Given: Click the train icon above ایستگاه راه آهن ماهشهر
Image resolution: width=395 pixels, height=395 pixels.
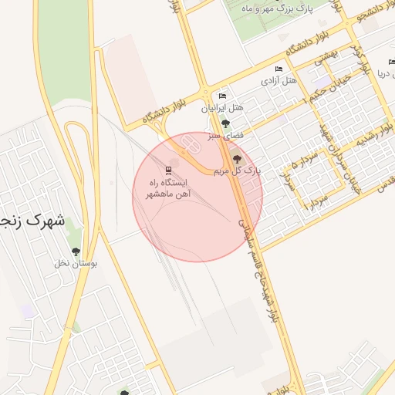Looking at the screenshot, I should (170, 169).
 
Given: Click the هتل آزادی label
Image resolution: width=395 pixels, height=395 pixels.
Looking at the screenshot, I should (279, 79).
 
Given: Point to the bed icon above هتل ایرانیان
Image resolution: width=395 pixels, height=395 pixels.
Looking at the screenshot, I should (223, 96).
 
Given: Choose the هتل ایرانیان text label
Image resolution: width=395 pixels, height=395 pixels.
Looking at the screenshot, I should (223, 108).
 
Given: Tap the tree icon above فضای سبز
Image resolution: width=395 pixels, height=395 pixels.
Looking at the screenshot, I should (225, 123).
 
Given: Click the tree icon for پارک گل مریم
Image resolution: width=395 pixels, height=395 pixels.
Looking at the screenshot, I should (236, 158).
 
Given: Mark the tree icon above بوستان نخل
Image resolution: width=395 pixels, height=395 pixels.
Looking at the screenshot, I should (76, 252).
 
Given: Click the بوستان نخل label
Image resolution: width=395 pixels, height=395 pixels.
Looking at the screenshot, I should (76, 263).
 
